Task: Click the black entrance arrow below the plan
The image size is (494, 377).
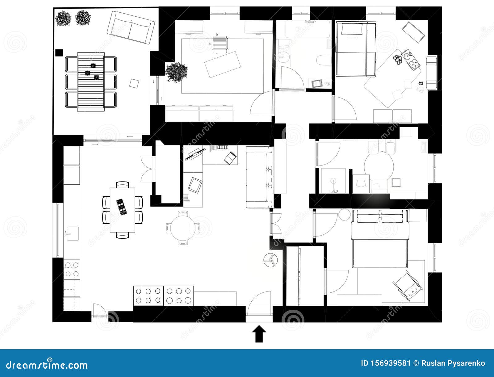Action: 259,334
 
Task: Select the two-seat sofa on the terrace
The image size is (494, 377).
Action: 131,27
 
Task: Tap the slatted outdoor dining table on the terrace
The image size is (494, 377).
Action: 91,82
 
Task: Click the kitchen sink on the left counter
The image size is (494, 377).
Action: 72,233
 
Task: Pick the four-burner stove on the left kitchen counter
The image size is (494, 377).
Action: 72,269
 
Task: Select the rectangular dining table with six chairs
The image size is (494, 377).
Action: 123,210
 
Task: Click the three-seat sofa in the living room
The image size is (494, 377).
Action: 260,177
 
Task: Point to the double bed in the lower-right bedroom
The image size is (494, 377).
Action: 380,238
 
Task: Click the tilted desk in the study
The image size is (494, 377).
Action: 222,64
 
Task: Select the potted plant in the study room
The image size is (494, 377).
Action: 176,72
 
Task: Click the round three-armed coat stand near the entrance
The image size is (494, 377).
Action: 271,260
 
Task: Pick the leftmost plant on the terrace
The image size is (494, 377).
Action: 63,18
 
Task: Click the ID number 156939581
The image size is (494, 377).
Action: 386,363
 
